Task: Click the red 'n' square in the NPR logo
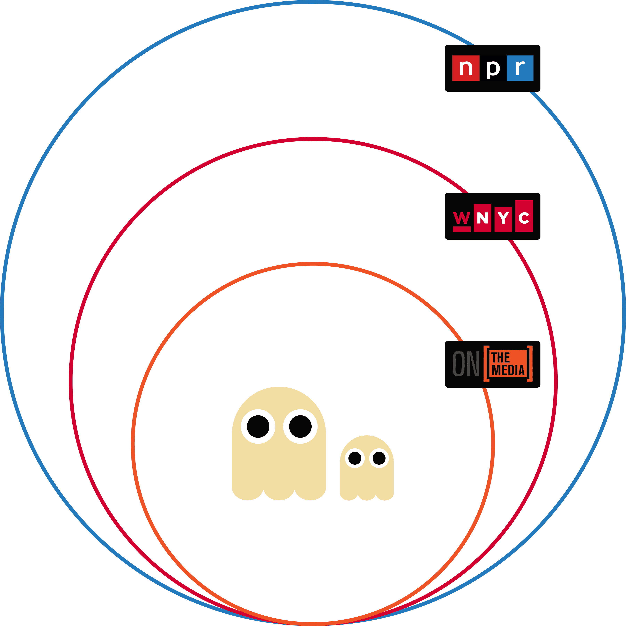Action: coord(466,68)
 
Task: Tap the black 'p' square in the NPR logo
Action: coord(493,68)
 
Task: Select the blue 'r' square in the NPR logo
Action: coord(520,68)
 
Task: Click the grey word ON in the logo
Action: coord(466,364)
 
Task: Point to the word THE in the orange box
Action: coord(501,358)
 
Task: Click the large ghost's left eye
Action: coord(258,426)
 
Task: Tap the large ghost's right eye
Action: coord(300,426)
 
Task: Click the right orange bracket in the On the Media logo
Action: coord(529,364)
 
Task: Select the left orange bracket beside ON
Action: coord(486,364)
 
